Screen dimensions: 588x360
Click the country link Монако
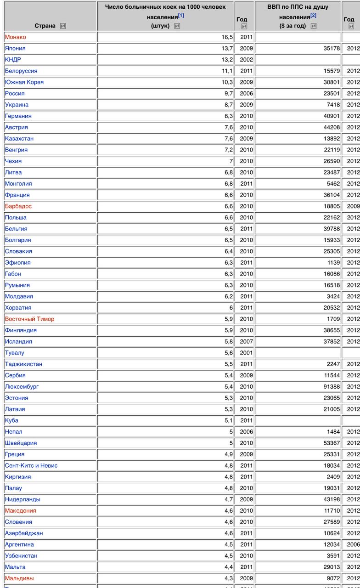(15, 37)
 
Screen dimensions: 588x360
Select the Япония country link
(15, 48)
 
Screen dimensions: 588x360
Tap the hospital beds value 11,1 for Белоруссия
(227, 71)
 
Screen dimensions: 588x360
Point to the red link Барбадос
(18, 206)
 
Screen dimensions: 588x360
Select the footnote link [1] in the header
(181, 16)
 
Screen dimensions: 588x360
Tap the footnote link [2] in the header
(313, 16)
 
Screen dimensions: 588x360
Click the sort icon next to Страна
(63, 26)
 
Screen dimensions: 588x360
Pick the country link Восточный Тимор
(29, 319)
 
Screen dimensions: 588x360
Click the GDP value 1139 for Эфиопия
(333, 263)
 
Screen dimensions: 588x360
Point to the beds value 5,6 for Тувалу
(227, 353)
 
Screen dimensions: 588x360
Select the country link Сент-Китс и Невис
(31, 465)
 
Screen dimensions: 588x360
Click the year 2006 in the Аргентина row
(353, 544)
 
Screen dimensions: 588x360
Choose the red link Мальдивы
(19, 578)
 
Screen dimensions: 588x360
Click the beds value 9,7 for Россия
(227, 93)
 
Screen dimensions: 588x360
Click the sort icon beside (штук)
(177, 26)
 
